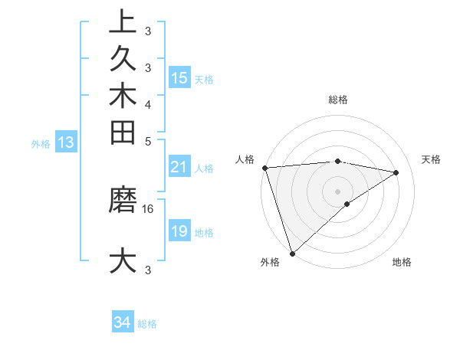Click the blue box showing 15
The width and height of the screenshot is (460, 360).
(x=179, y=77)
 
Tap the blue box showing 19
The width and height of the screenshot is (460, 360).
(x=179, y=231)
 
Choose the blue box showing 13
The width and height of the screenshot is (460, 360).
(x=67, y=142)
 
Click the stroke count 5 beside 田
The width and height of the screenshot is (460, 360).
(x=147, y=141)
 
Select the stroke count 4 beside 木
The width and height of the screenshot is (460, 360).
(x=147, y=104)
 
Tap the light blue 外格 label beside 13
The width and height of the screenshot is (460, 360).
(x=41, y=143)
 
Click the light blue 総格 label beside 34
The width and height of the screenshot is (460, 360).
(x=147, y=324)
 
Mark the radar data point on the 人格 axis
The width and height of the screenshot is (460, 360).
(x=264, y=168)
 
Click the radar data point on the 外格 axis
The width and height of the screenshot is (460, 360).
(x=292, y=252)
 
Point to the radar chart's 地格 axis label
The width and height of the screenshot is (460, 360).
(x=402, y=262)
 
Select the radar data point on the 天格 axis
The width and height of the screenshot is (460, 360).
(x=396, y=172)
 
